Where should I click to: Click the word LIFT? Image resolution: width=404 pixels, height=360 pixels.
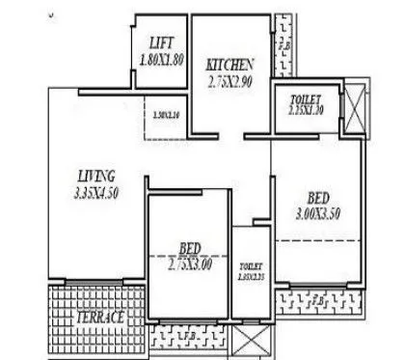(x=161, y=42)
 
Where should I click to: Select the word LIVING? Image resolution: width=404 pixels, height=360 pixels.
(x=96, y=176)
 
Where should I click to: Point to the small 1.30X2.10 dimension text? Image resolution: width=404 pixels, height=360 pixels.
(x=166, y=116)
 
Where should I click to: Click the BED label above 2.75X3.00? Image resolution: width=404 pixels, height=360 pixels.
(x=189, y=247)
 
